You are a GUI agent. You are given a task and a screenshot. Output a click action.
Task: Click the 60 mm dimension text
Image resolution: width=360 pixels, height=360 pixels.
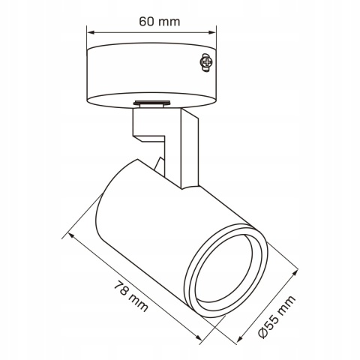(158, 21)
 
